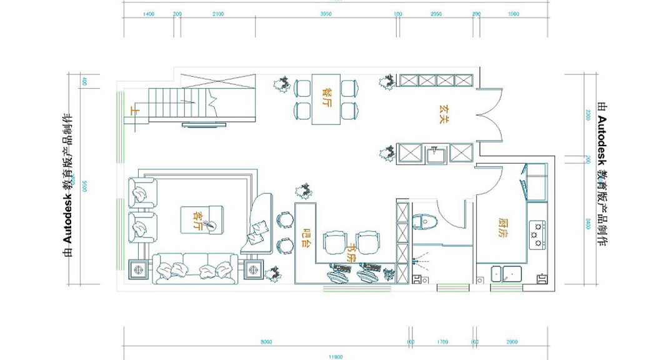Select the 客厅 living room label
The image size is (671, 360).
[198, 220]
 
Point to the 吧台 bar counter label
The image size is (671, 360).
[306, 234]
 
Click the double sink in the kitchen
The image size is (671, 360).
[507, 273]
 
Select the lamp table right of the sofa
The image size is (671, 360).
[254, 270]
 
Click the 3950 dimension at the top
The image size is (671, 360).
[326, 14]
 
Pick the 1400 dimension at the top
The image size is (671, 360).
[149, 14]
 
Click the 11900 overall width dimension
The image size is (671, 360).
[336, 357]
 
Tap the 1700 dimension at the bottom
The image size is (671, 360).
[443, 342]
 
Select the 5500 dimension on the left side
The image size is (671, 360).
[82, 186]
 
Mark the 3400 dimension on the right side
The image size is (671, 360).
[588, 224]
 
